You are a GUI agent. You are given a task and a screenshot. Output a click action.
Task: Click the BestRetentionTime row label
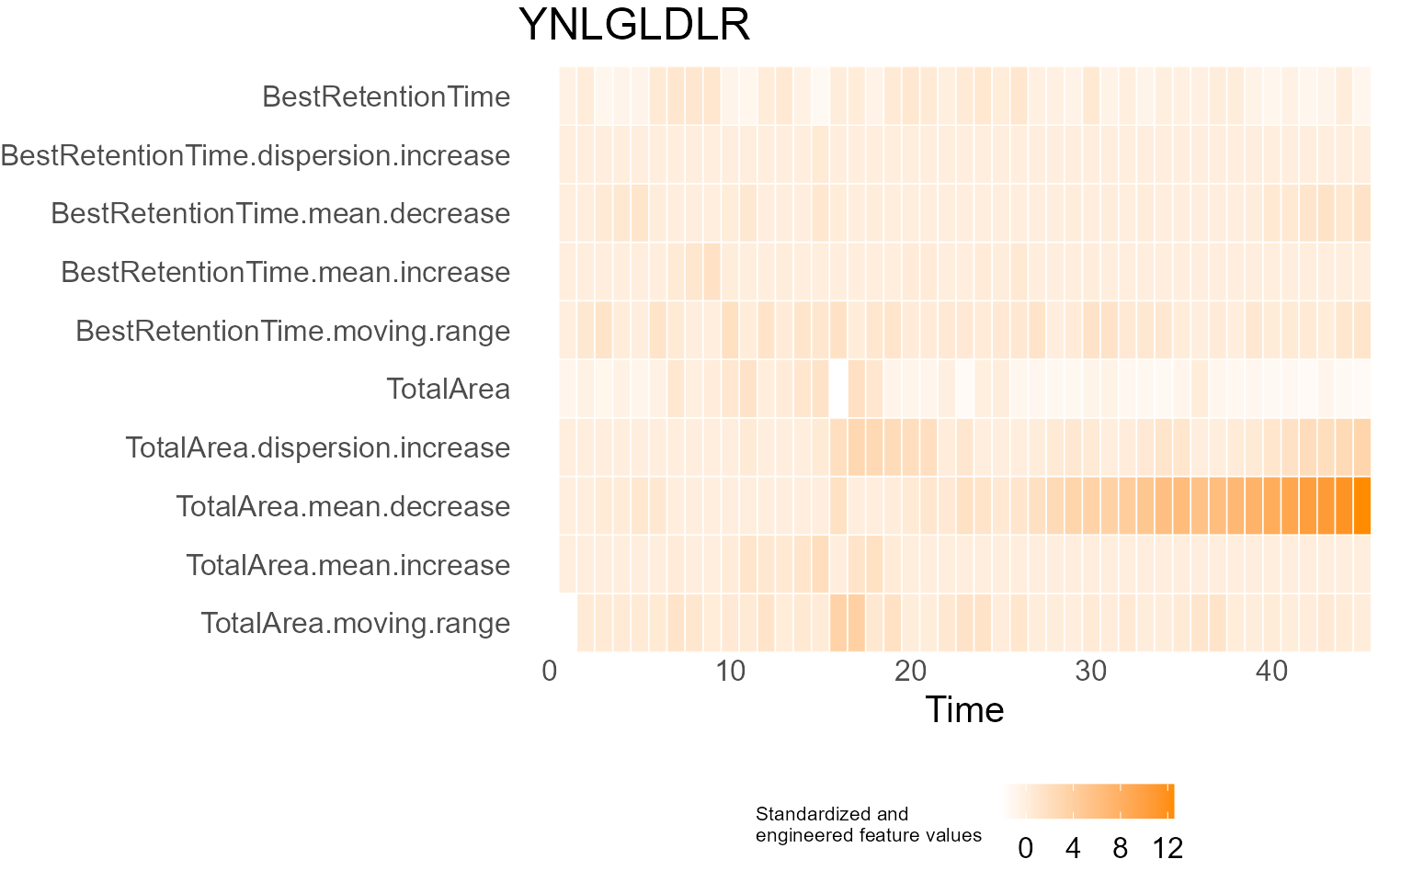pos(386,96)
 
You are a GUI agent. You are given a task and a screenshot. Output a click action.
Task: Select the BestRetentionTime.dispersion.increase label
pos(256,155)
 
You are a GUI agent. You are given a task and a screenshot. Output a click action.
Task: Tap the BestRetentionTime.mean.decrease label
pos(280,213)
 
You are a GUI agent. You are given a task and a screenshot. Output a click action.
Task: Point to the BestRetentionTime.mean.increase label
pos(285,272)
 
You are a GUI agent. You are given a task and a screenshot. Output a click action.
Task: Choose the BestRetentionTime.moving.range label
pos(292,331)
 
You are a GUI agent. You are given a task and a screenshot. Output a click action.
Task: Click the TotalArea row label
pos(448,389)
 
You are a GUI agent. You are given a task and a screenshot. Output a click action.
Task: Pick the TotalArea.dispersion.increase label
pos(317,447)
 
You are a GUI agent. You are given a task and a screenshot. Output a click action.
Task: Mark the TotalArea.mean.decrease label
pos(342,506)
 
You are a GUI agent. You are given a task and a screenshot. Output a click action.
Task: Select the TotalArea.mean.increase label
pos(347,565)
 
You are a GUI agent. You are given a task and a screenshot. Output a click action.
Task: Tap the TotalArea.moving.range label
pos(355,623)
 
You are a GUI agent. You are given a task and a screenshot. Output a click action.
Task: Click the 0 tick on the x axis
pos(550,672)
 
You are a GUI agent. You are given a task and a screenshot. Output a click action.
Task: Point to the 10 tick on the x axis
pos(730,672)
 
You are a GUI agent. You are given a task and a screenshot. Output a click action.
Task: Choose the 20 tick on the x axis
pos(910,672)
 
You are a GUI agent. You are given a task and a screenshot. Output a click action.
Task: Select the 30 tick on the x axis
pos(1091,672)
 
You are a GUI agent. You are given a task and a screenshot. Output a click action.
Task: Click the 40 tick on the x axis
pos(1271,672)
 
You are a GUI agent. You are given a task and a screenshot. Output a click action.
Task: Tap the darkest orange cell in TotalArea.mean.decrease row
pos(1362,506)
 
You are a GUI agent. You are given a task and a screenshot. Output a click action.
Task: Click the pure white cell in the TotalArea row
pos(838,389)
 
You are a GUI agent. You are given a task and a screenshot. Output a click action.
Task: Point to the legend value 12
pos(1167,848)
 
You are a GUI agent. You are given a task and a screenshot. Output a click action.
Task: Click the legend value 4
pos(1073,848)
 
